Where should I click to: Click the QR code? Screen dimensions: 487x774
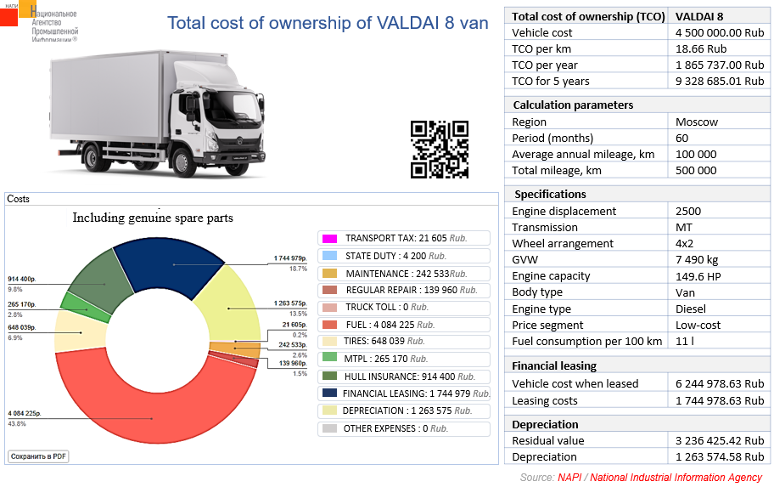440,150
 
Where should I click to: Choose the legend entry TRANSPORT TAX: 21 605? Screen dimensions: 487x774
404,238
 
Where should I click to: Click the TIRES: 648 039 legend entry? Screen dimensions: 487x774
404,341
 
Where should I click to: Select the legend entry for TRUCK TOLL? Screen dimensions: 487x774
404,307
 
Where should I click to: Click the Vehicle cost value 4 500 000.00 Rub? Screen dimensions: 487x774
720,32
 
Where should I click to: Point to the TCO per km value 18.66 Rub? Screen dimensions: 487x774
701,48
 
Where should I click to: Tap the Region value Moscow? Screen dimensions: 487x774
697,122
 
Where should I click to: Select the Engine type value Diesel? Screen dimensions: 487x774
695,309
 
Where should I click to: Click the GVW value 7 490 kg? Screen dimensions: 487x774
697,259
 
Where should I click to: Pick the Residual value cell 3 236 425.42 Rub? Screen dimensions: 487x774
720,440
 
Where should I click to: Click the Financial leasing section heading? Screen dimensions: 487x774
554,365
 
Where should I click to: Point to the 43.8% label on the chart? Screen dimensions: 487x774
16,423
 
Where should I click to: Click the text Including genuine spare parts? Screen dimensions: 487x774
153,218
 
